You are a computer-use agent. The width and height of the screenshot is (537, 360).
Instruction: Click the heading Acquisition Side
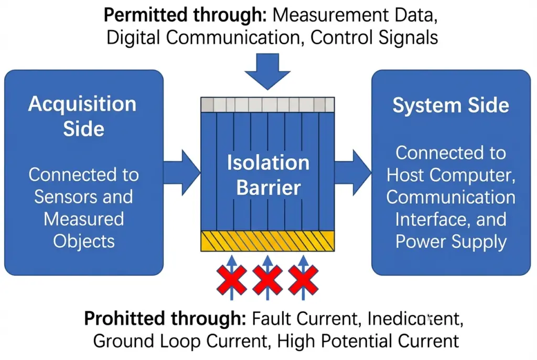tap(82, 115)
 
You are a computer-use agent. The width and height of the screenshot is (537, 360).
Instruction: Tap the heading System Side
tap(450, 105)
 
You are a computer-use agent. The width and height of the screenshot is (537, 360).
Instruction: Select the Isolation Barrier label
tap(268, 174)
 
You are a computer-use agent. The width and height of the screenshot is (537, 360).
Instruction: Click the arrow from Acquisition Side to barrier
tap(181, 170)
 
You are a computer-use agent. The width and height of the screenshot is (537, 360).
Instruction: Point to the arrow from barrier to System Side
tap(352, 170)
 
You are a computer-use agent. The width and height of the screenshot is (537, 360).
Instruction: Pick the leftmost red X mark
tap(231, 279)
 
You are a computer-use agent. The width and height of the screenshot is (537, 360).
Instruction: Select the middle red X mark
tap(267, 279)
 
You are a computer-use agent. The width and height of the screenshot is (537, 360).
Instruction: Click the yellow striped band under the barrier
tap(267, 241)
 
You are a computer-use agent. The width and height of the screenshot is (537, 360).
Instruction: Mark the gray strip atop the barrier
tap(267, 104)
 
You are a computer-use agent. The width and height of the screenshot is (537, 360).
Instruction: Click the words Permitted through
tap(186, 15)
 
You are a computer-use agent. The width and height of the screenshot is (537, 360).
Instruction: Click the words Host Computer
tap(450, 175)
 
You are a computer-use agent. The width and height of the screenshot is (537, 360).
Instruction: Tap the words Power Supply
tap(450, 242)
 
